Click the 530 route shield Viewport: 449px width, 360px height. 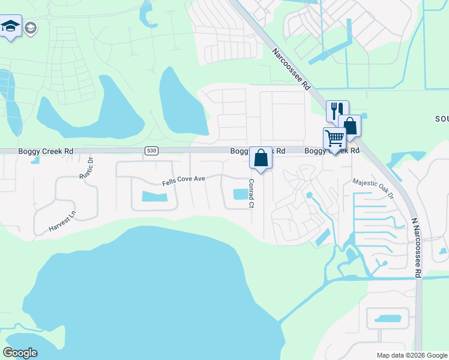point(151,151)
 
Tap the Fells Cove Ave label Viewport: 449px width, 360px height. point(184,179)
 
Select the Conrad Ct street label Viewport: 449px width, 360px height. point(251,193)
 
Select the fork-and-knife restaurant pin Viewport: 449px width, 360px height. point(337,111)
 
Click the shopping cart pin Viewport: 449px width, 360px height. point(334,139)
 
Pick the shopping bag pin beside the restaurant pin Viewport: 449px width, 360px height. point(350,126)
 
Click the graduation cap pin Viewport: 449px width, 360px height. point(11,26)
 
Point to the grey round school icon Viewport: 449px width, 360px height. point(30,28)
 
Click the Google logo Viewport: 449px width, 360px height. point(20,353)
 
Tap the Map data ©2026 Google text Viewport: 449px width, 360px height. point(411,355)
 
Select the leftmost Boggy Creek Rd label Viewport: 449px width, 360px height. point(46,152)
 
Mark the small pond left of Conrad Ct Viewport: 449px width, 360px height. point(240,194)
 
